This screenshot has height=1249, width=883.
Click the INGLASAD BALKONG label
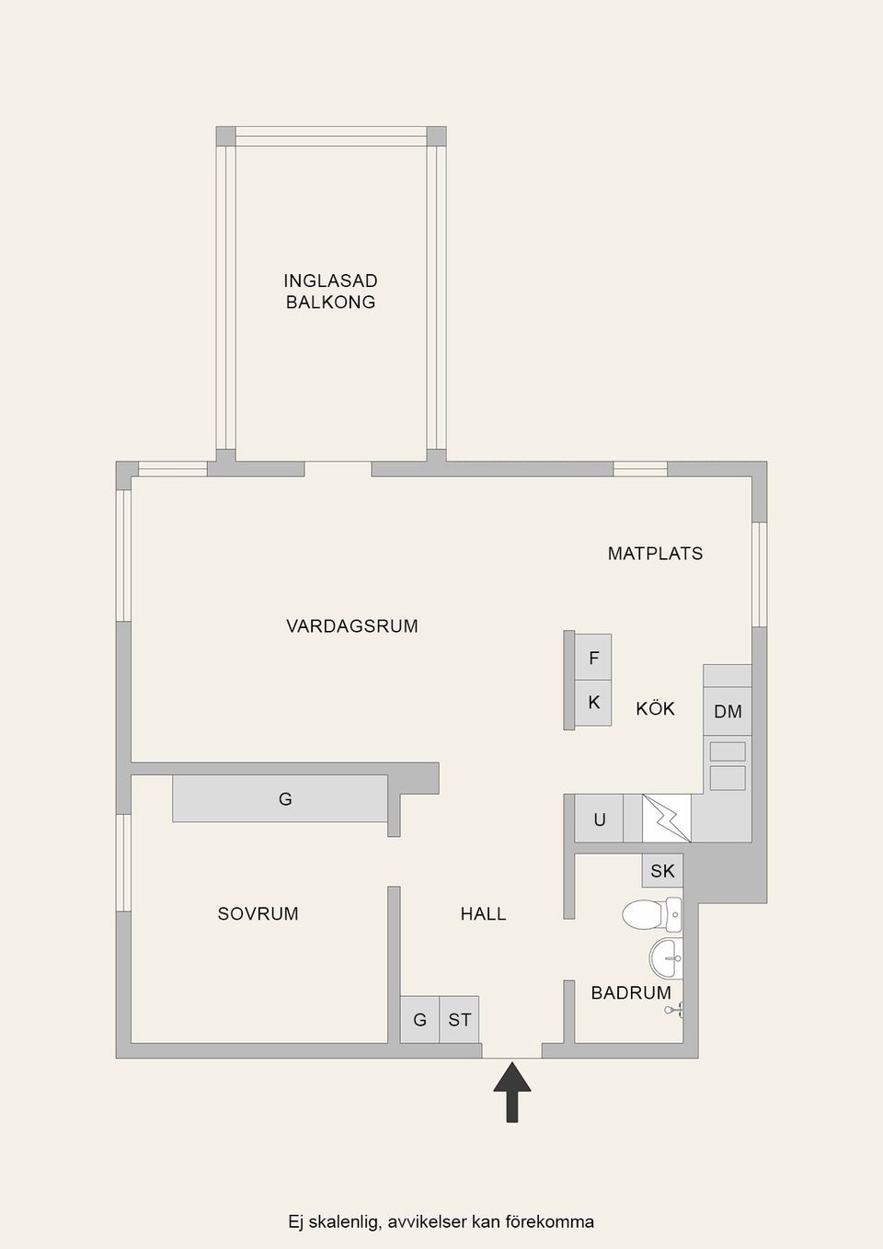coord(330,291)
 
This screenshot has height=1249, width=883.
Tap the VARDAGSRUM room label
coord(351,626)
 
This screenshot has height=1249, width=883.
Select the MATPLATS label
coord(655,554)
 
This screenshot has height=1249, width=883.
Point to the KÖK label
coord(655,708)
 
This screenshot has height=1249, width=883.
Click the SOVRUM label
coord(258,913)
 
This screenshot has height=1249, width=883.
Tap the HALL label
coord(483,913)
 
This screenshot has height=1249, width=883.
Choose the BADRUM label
coord(630,992)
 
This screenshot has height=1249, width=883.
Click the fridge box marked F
coord(593,658)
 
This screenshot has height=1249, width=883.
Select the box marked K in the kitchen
coord(593,703)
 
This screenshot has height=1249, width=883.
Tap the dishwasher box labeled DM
coord(728,711)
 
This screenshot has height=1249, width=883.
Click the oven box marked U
coord(599,819)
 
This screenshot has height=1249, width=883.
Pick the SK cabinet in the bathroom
coord(662,870)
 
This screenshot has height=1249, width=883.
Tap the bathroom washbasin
coord(666,958)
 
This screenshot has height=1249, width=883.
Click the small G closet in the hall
coord(419,1019)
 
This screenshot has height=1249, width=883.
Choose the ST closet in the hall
coord(460,1019)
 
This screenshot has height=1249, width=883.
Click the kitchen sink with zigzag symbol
coord(666,818)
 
